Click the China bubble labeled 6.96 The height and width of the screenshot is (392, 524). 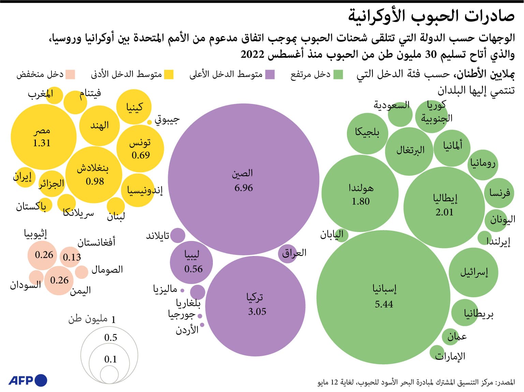tap(244, 179)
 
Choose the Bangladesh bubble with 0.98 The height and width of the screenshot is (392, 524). tap(93, 175)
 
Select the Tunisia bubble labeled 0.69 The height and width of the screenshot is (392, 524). tap(140, 149)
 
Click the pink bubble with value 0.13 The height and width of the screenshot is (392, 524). tap(71, 257)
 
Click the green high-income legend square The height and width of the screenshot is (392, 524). tap(338, 75)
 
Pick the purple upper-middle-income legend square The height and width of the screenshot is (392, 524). tap(270, 75)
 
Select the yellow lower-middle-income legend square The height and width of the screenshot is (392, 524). tap(169, 75)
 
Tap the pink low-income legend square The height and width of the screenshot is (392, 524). tap(70, 75)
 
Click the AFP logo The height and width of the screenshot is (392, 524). tap(28, 380)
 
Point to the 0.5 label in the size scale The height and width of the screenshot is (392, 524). tap(111, 338)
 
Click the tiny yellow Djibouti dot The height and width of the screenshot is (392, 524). tap(149, 122)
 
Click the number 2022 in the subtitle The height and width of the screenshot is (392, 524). tap(252, 55)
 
